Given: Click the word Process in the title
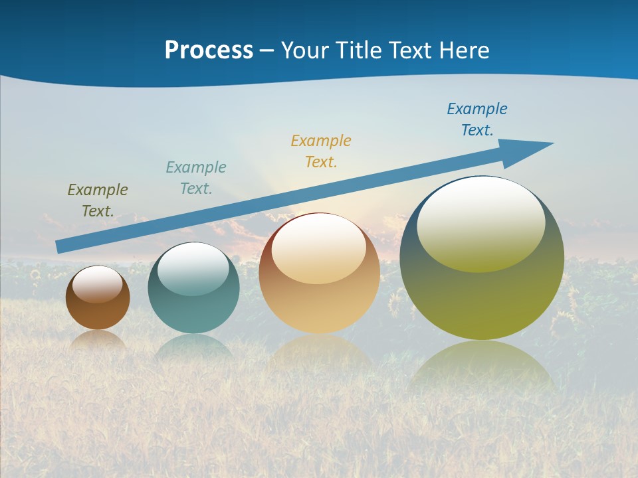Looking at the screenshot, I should [x=209, y=50].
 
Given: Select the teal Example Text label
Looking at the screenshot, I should [x=196, y=178].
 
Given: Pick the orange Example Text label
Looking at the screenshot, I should [x=321, y=151].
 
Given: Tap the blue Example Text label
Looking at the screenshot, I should [x=477, y=119].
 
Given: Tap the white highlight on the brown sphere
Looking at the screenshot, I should [x=98, y=284].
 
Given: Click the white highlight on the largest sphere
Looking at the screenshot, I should [x=481, y=222].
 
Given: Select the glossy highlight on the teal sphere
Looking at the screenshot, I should [x=193, y=268].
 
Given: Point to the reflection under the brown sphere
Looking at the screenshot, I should [x=98, y=340].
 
